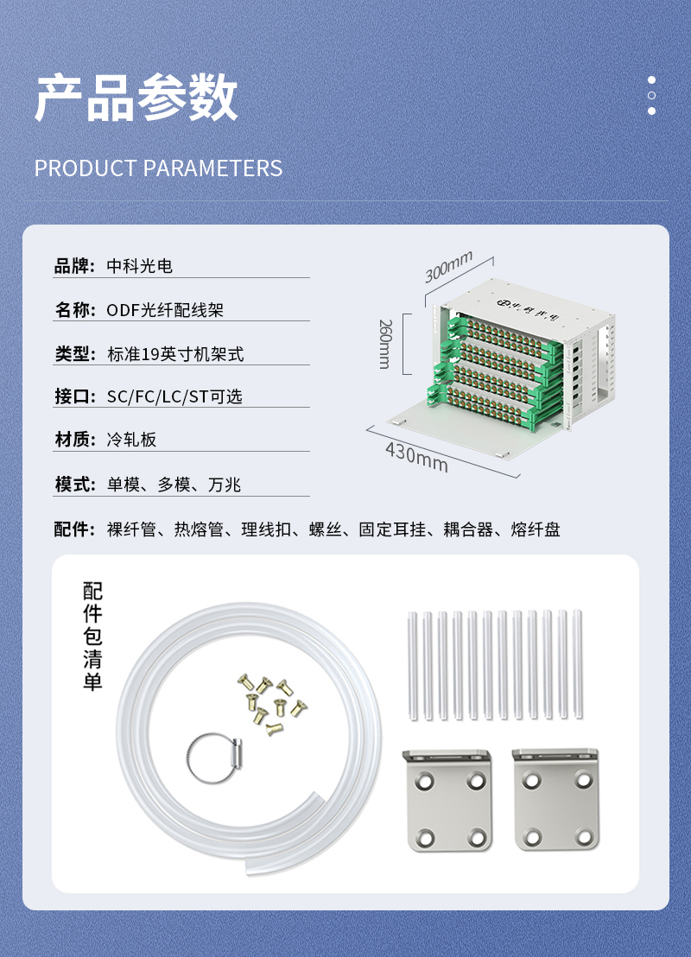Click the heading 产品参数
click(x=136, y=97)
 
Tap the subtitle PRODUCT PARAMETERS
click(x=158, y=168)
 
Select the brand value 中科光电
click(x=140, y=266)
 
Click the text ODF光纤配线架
click(x=166, y=310)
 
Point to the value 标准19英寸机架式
click(x=176, y=354)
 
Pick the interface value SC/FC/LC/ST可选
click(x=174, y=396)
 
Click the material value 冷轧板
click(x=132, y=440)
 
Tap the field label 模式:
click(x=75, y=485)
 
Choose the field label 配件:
click(x=75, y=529)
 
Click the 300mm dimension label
click(x=448, y=267)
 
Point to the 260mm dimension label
click(x=385, y=344)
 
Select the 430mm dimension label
click(x=417, y=458)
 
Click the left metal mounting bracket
click(x=448, y=800)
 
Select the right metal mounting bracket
click(x=556, y=800)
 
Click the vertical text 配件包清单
click(x=92, y=637)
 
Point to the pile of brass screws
click(x=271, y=704)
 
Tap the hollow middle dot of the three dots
click(x=651, y=95)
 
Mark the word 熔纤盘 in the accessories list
click(x=536, y=529)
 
